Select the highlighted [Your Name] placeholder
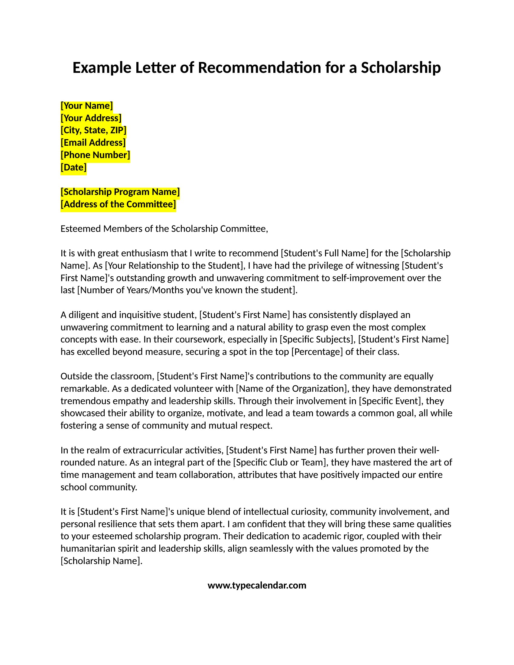[87, 106]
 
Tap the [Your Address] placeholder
[91, 118]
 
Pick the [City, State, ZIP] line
[93, 130]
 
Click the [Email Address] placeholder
[93, 142]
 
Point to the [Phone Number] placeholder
[95, 155]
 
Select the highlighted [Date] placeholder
[74, 167]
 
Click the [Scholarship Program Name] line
[120, 192]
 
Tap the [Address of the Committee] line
[118, 204]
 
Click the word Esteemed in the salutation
[81, 229]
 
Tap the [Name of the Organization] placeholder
[293, 389]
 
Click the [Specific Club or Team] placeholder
[280, 462]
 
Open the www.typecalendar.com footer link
[257, 586]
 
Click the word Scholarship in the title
[401, 68]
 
